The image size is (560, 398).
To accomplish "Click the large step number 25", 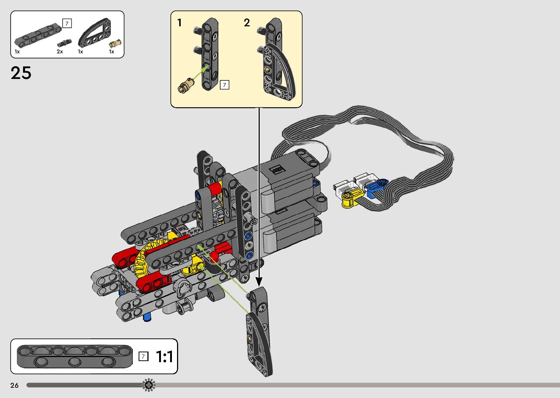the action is click(21, 73).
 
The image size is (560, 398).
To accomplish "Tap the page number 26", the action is click(14, 385).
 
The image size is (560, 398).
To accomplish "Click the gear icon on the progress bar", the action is click(149, 385).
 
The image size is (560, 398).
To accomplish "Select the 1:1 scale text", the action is click(164, 356).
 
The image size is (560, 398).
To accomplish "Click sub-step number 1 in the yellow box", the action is click(179, 23).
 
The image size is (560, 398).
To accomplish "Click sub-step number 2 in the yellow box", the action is click(247, 23).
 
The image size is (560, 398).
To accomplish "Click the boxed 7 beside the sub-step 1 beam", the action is click(224, 85).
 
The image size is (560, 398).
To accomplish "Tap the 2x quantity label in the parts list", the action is click(60, 52).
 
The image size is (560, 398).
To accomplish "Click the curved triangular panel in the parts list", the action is click(94, 35).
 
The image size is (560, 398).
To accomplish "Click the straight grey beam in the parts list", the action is click(38, 34).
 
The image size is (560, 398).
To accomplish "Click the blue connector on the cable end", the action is click(375, 187).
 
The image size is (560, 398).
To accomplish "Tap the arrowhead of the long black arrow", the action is click(259, 281).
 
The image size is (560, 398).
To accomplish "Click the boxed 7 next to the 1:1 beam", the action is click(144, 356).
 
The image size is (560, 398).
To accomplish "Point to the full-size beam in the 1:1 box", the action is click(75, 356).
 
